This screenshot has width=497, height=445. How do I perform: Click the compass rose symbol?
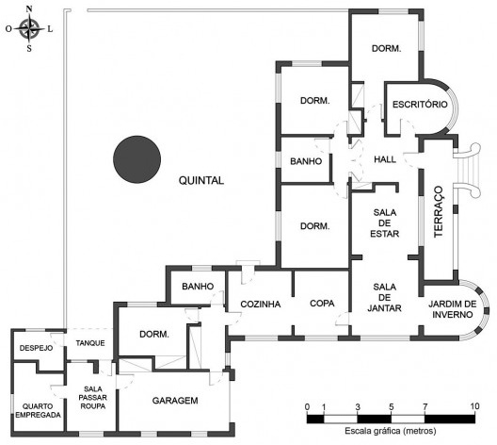pos(29,29)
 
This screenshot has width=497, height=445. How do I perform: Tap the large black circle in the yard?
pos(136,159)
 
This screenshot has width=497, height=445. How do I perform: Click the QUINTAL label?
pos(201,181)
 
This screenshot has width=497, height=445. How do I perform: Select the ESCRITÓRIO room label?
pos(420,105)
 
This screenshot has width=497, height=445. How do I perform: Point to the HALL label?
pos(385,159)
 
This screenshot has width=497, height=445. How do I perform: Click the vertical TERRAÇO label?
pos(438,212)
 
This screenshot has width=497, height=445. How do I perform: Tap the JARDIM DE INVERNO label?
pos(453,309)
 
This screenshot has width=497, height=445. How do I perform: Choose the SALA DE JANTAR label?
pos(384,297)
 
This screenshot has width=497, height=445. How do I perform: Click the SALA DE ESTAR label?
pos(384,223)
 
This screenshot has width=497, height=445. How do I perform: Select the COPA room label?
pos(322,304)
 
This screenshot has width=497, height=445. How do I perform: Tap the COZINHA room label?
pos(261,305)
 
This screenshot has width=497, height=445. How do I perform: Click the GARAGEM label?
pos(175,401)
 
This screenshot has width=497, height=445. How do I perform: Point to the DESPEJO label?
pos(36,348)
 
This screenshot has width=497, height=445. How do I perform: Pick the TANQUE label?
pos(90,343)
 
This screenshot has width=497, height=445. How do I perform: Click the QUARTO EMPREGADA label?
pos(38,410)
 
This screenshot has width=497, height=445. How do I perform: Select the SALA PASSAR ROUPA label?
pos(93,398)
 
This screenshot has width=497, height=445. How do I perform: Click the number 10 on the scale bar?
pos(474,406)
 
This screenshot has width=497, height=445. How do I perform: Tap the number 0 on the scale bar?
pos(307,406)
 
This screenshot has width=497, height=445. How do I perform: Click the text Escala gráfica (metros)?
pos(391,431)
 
